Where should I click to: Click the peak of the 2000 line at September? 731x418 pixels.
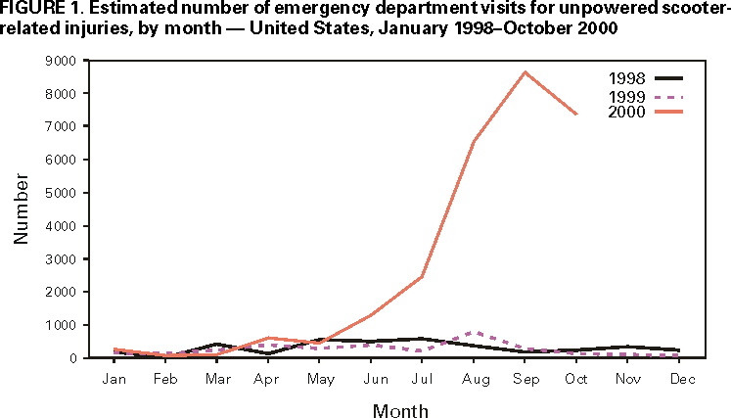pyautogui.click(x=525, y=71)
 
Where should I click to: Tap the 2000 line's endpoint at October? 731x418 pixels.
pyautogui.click(x=577, y=115)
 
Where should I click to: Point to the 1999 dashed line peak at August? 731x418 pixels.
pyautogui.click(x=474, y=332)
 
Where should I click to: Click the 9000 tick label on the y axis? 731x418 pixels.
pyautogui.click(x=62, y=61)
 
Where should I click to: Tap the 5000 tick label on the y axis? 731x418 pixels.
pyautogui.click(x=62, y=193)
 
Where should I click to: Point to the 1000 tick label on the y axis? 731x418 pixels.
pyautogui.click(x=62, y=325)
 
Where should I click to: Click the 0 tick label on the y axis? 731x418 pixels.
pyautogui.click(x=72, y=358)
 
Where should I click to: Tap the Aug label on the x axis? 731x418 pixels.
pyautogui.click(x=474, y=378)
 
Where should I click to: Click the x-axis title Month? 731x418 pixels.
pyautogui.click(x=400, y=410)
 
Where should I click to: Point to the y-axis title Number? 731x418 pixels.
pyautogui.click(x=21, y=209)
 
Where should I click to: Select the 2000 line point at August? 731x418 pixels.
pyautogui.click(x=474, y=141)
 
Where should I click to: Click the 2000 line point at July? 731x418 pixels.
pyautogui.click(x=423, y=276)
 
